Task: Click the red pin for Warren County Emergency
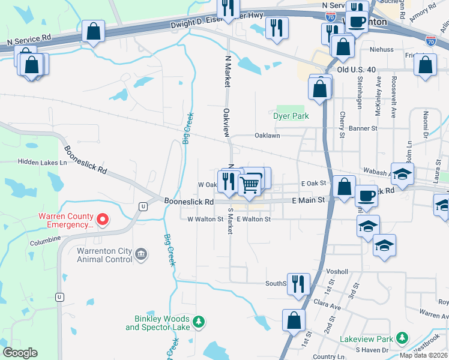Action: click(x=103, y=220)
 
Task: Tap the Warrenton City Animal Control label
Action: click(x=104, y=255)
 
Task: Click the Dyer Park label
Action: click(x=291, y=116)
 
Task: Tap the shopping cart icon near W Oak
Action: click(x=250, y=184)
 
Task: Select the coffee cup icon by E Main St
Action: click(x=367, y=196)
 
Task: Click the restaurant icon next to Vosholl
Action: click(x=298, y=284)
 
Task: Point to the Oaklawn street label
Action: click(x=267, y=136)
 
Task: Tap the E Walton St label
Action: click(x=253, y=220)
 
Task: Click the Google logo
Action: click(x=20, y=353)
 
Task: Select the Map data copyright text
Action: click(x=424, y=355)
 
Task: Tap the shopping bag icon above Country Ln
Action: click(x=294, y=320)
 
